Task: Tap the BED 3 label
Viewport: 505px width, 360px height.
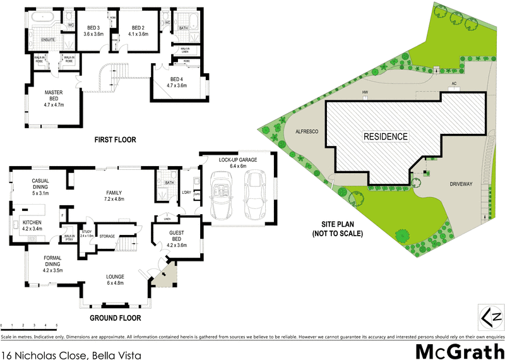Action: click(94, 28)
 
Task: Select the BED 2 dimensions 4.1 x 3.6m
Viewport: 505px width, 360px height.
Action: click(139, 34)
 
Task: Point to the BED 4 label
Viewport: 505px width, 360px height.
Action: click(177, 78)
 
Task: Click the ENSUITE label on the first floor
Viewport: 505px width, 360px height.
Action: click(48, 40)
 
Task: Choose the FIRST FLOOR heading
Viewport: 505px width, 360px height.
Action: click(115, 140)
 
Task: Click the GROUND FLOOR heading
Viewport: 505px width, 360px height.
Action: click(115, 318)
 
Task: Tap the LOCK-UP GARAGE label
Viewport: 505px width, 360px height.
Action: click(238, 160)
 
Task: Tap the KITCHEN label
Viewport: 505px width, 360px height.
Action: click(32, 223)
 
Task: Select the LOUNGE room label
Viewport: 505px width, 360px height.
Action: click(115, 276)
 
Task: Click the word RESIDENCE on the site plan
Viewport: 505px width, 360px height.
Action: click(385, 136)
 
